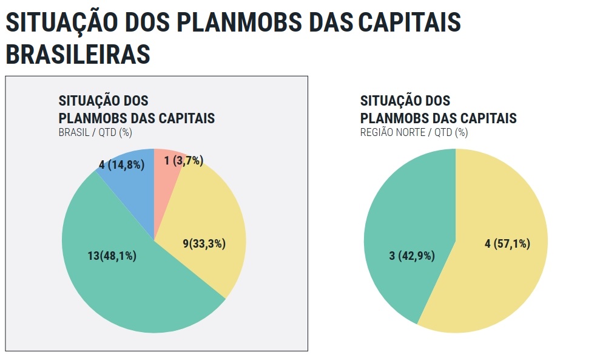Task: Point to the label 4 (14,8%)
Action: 121,165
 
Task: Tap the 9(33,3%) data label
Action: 204,243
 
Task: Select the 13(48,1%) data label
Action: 112,256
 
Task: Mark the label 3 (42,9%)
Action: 412,256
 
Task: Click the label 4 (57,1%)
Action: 507,243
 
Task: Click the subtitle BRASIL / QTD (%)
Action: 95,132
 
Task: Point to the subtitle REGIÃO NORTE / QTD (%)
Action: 414,132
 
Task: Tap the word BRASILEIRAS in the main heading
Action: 78,53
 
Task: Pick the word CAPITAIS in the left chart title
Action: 186,118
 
